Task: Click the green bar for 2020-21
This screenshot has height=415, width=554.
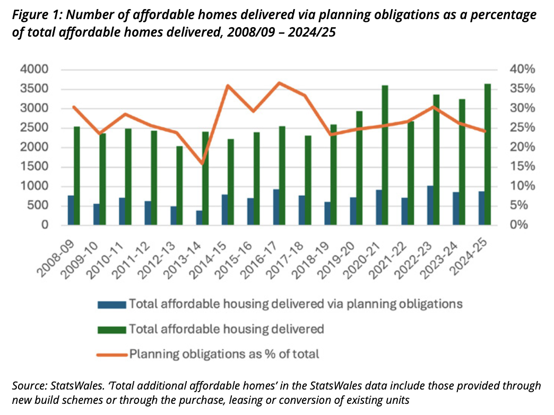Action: (385, 155)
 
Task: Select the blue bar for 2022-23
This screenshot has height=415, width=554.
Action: (430, 205)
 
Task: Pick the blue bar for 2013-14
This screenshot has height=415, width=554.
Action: (200, 218)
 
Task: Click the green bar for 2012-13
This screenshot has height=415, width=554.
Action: (180, 185)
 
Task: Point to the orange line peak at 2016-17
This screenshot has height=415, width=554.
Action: (279, 83)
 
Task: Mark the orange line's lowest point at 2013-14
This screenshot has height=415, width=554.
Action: (202, 163)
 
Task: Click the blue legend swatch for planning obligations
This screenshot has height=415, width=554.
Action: (111, 305)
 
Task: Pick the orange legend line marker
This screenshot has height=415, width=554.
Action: (111, 353)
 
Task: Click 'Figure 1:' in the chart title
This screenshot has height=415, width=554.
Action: (38, 15)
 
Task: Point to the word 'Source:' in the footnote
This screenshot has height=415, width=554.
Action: (30, 386)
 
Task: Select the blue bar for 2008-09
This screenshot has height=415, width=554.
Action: (71, 210)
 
